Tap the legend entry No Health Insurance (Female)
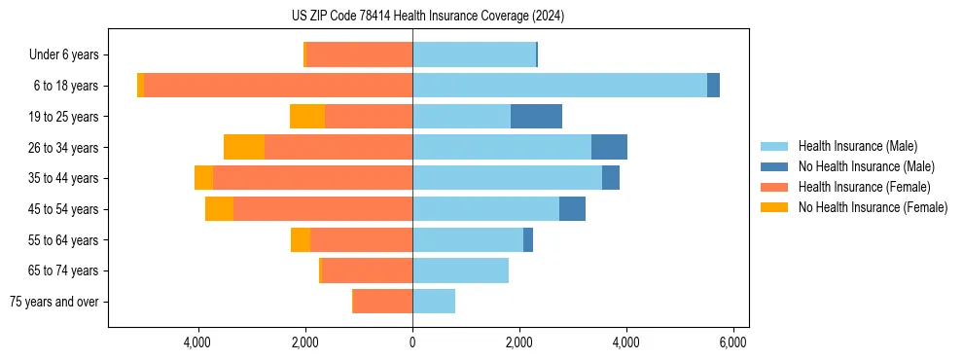[873, 207]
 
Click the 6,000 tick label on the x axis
[732, 343]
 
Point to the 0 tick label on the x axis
[412, 343]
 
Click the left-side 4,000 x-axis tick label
[198, 343]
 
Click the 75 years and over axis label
[54, 302]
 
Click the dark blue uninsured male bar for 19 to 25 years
[536, 117]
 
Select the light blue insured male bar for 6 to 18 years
[559, 86]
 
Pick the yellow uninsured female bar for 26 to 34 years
[244, 147]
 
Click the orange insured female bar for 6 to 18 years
[278, 86]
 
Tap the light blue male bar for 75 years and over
[434, 302]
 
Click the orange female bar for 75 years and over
[382, 302]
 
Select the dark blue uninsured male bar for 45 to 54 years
[572, 209]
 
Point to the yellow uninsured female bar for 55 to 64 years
[301, 240]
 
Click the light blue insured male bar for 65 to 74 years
[460, 270]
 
